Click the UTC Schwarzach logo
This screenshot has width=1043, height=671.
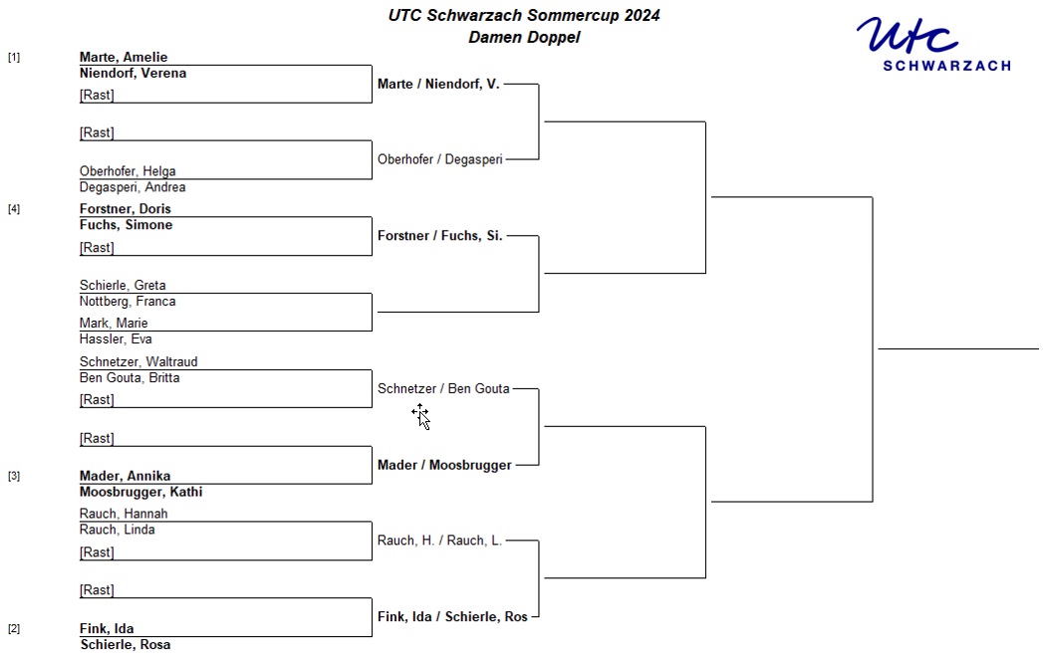point(933,44)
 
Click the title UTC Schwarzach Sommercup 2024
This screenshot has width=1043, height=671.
point(524,15)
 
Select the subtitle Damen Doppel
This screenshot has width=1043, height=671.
point(524,37)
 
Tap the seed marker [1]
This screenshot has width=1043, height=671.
point(14,57)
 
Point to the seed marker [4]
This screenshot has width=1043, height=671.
point(14,209)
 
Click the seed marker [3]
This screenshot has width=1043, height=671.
point(14,476)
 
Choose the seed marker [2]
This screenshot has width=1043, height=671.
point(14,628)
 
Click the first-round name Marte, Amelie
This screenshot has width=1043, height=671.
point(124,57)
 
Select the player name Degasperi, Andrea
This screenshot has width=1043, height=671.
point(132,187)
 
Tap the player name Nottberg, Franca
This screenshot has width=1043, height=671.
point(128,302)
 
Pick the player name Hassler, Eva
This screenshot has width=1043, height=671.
point(116,339)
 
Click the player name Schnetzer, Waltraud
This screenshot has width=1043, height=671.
point(138,361)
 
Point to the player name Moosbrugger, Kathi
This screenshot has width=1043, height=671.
point(141,492)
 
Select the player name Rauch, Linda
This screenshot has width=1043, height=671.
point(118,530)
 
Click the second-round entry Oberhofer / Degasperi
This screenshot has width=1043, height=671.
point(440,159)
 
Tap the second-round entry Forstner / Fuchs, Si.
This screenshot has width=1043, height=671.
point(439,236)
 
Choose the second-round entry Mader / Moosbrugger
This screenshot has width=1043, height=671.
point(444,466)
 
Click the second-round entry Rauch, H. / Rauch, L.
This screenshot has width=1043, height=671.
point(439,541)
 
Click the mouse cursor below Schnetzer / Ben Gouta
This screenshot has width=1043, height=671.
point(421,416)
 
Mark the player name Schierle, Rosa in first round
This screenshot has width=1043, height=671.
point(126,645)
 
